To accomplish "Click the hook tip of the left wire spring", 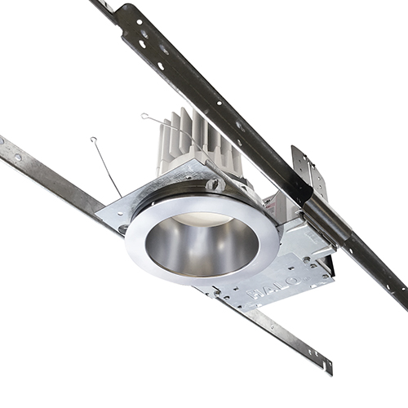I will point(93,140).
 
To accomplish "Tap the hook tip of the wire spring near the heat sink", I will point(144,116).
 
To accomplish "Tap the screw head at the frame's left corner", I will point(122,228).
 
